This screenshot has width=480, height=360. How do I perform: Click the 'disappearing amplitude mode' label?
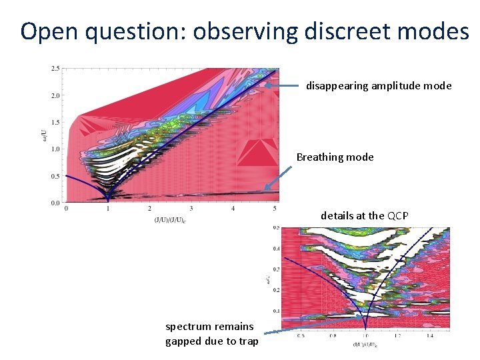pos(379,85)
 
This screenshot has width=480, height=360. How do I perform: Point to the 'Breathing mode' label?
pos(335,157)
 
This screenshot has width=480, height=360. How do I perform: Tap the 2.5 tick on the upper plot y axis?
pos(55,69)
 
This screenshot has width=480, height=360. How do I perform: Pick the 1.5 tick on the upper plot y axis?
pos(55,123)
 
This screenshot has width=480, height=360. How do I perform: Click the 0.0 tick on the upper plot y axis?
pos(55,203)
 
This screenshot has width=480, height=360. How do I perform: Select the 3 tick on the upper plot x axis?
pos(191,209)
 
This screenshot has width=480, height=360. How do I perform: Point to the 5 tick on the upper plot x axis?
pos(275,209)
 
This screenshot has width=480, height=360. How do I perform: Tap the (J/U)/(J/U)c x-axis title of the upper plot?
pos(170,219)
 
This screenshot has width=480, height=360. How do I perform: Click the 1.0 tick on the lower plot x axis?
pos(365,335)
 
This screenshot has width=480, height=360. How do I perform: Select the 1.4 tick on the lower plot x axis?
pos(430,335)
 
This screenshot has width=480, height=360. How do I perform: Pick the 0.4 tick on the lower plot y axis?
pos(276,249)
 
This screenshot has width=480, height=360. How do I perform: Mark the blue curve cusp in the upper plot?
pos(107,198)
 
